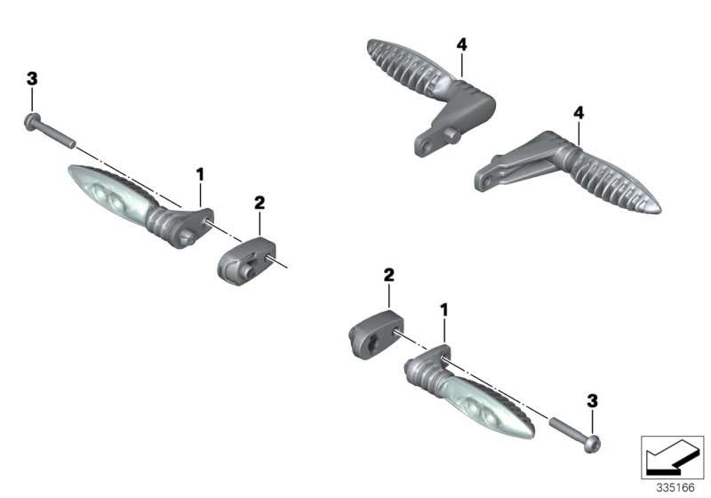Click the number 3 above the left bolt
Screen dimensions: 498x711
[32, 79]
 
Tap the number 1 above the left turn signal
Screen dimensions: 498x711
[200, 172]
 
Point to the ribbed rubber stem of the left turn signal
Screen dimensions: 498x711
[165, 222]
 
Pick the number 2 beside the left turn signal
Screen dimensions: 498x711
[260, 203]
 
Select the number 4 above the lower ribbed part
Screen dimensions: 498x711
[579, 113]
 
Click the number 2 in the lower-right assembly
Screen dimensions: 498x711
[388, 276]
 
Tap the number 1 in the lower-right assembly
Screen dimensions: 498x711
[444, 309]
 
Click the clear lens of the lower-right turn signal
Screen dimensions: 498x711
[489, 409]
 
